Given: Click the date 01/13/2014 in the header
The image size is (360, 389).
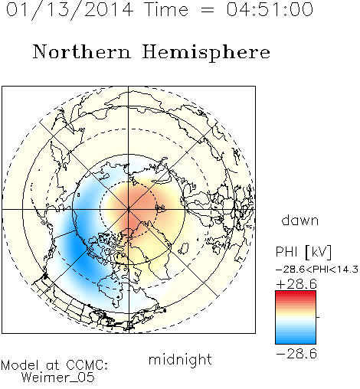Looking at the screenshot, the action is click(x=70, y=10).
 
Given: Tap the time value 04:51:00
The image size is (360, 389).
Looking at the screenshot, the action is click(x=270, y=9).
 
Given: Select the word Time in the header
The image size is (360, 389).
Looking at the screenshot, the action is click(x=166, y=9).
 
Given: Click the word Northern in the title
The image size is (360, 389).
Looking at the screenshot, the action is click(x=82, y=51).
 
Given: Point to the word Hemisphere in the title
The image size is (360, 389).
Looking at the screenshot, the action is click(x=206, y=53).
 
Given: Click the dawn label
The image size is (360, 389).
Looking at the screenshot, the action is click(x=300, y=221).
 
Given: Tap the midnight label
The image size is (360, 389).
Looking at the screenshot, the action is click(x=180, y=360).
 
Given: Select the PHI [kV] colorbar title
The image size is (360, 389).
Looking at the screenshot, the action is click(x=303, y=252).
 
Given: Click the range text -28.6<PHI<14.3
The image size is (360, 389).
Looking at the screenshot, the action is click(x=317, y=270).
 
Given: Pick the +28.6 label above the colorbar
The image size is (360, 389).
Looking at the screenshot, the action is click(x=296, y=284).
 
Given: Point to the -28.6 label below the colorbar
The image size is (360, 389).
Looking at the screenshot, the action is click(x=296, y=354).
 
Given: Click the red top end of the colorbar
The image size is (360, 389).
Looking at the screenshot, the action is click(x=296, y=293).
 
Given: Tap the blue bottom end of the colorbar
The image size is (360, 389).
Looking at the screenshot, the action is click(x=296, y=342).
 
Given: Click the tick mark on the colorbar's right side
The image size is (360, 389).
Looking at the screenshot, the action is click(x=318, y=317).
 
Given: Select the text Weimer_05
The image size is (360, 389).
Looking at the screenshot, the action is click(x=58, y=378).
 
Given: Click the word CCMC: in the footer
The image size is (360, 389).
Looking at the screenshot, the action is click(x=87, y=364).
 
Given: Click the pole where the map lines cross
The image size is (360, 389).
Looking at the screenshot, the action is click(x=129, y=210).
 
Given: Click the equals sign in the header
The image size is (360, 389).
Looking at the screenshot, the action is click(x=208, y=10).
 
